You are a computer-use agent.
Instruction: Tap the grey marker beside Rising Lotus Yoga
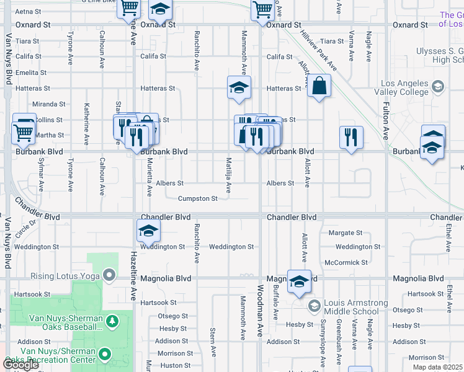click(110, 274)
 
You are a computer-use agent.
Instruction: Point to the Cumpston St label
click(198, 199)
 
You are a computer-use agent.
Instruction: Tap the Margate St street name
click(346, 233)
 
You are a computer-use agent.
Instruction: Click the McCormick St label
click(342, 262)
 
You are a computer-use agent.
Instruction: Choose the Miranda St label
click(49, 104)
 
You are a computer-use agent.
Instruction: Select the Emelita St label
click(27, 73)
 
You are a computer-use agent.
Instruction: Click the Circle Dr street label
click(22, 231)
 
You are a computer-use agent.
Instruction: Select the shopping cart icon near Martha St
click(23, 131)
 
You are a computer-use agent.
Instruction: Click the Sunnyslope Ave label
click(323, 335)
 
